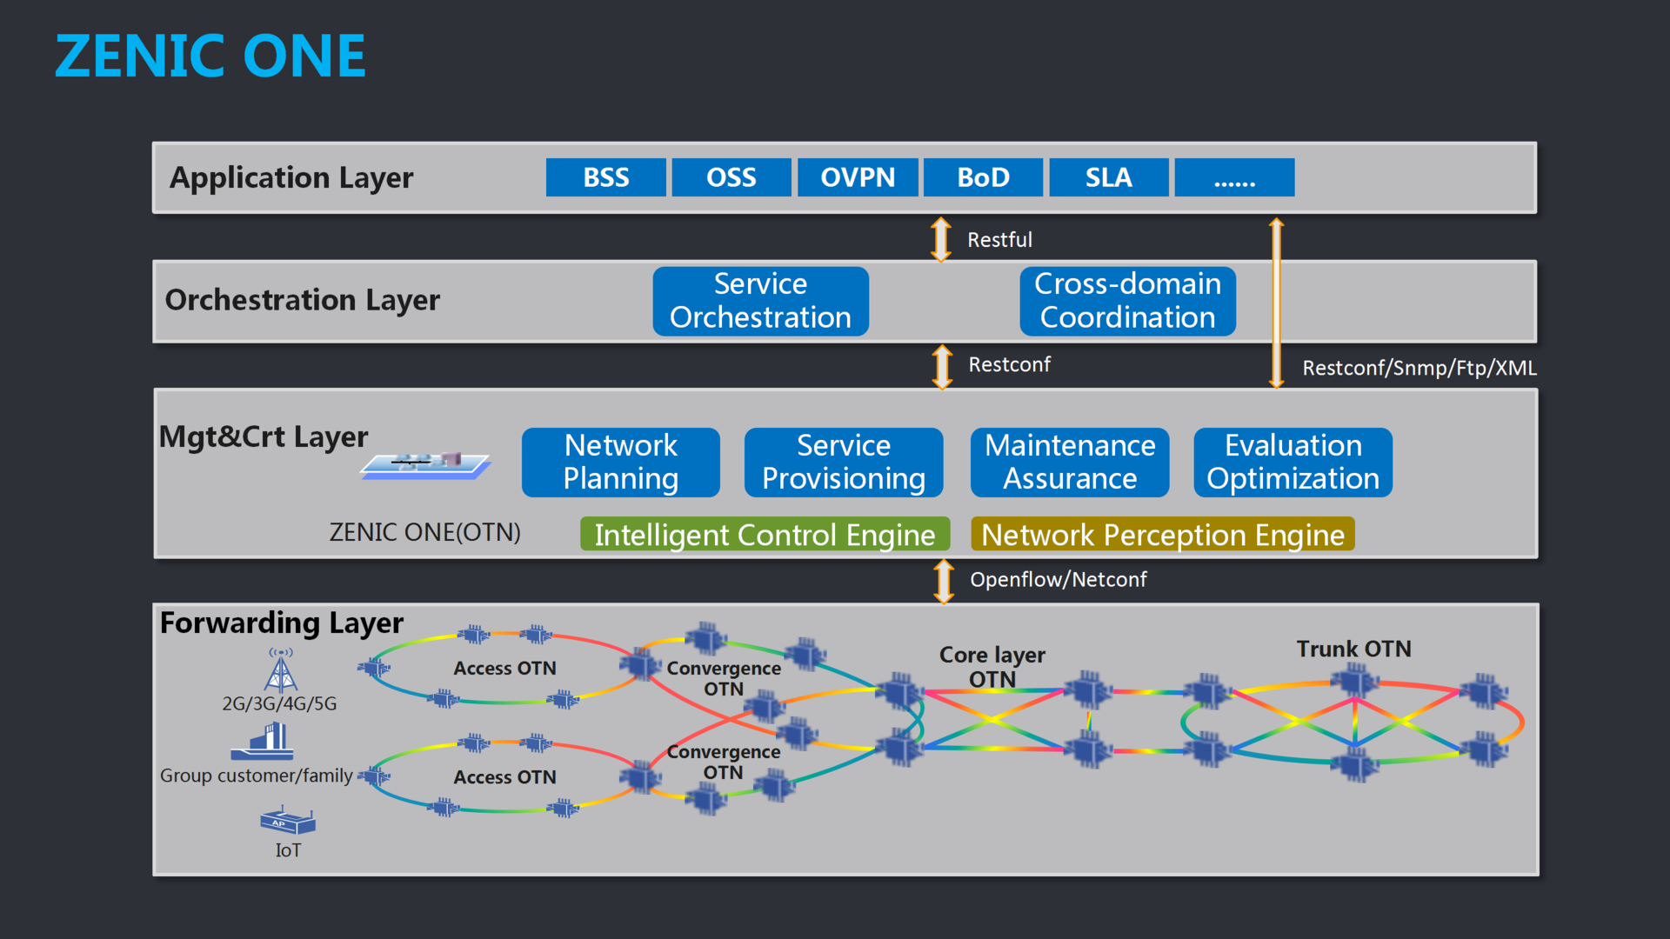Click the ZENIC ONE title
point(210,57)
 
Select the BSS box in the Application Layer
point(605,177)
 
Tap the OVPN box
point(858,177)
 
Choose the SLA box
point(1108,177)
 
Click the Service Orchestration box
point(760,301)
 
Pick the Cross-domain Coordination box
point(1127,301)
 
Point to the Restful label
point(999,240)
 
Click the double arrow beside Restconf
point(942,366)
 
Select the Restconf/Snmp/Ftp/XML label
point(1419,368)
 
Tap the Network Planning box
point(620,462)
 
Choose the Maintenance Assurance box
point(1069,462)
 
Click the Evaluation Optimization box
point(1293,462)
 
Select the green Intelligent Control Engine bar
point(765,535)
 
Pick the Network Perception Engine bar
point(1162,535)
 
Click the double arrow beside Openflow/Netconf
point(944,581)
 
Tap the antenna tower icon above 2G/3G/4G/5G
point(280,671)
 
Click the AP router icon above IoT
point(288,821)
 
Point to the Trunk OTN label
point(1353,649)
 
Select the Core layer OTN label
point(992,666)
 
